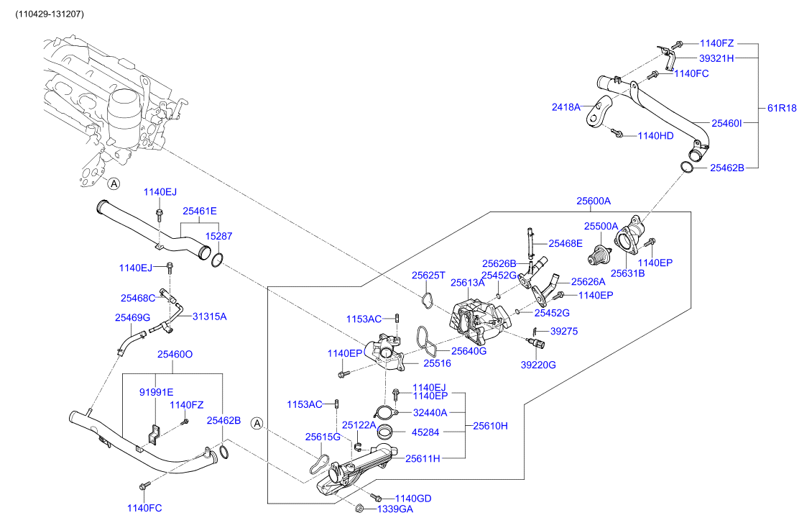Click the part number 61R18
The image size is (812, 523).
tap(782, 109)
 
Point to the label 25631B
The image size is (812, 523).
tap(628, 274)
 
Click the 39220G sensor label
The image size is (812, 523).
tap(538, 365)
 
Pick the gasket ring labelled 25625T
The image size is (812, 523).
tap(427, 300)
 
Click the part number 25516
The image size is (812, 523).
tap(437, 363)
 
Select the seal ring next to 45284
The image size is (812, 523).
tap(384, 433)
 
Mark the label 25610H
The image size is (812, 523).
tap(490, 426)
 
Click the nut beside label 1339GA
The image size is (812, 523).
tap(359, 509)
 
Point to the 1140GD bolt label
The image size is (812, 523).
tap(413, 499)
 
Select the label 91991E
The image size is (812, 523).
tap(156, 393)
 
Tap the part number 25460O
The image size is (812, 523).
tap(175, 355)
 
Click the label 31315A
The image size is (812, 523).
tap(209, 317)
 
